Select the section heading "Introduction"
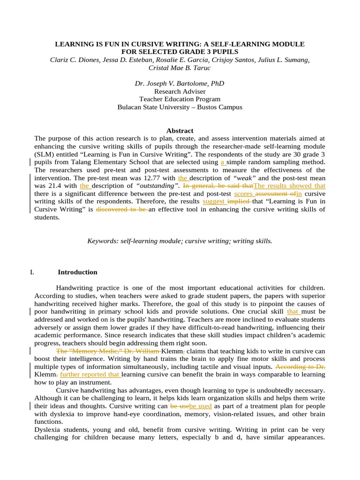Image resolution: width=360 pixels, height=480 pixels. click(x=77, y=272)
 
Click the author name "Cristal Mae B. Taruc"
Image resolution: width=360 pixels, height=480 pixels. click(x=180, y=67)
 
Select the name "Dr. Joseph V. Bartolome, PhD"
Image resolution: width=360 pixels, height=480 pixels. click(x=180, y=83)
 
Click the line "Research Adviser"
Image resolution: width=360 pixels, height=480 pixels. click(x=180, y=91)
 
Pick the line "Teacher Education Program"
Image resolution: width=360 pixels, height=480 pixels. click(x=180, y=99)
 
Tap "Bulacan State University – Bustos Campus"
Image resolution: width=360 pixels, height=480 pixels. click(x=180, y=107)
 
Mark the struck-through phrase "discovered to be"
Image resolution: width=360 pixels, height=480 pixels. click(x=122, y=210)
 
